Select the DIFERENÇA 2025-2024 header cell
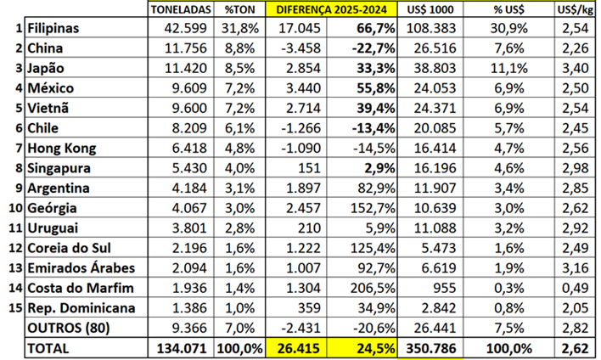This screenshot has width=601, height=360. tap(335, 9)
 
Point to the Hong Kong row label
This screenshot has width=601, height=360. tap(61, 148)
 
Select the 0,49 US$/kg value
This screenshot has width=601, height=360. tap(579, 287)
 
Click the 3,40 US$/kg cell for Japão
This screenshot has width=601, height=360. tap(579, 68)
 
